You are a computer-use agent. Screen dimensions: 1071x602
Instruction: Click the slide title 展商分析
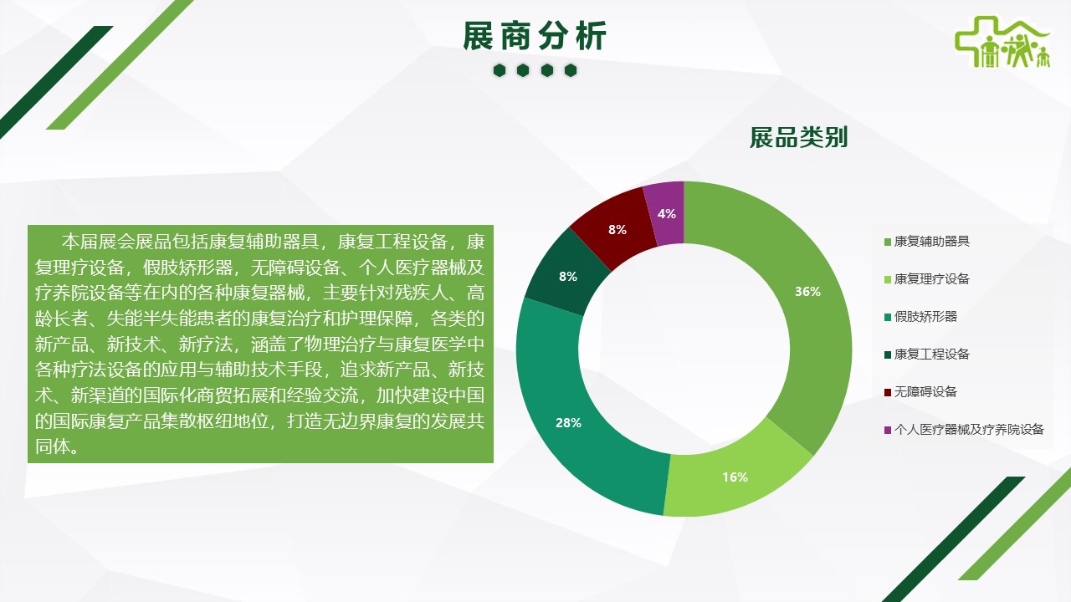tap(535, 36)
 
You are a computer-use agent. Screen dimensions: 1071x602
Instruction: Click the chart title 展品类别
tap(798, 138)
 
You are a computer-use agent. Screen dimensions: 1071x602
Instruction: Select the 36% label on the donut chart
tap(807, 292)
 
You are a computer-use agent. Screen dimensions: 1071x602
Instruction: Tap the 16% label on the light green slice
tap(735, 477)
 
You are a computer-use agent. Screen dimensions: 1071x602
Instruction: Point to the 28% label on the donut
tap(568, 423)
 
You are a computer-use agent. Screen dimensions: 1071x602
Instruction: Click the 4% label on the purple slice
tap(667, 214)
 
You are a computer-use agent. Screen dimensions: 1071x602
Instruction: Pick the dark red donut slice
tap(614, 228)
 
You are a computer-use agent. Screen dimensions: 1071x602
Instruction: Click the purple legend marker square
tap(888, 430)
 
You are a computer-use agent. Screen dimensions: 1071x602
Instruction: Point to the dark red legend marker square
tap(888, 393)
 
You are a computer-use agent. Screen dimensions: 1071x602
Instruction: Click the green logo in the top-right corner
tap(1002, 42)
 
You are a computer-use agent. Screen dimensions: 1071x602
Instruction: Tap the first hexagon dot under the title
tap(500, 71)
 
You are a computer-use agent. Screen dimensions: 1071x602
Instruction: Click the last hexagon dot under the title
tap(571, 71)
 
